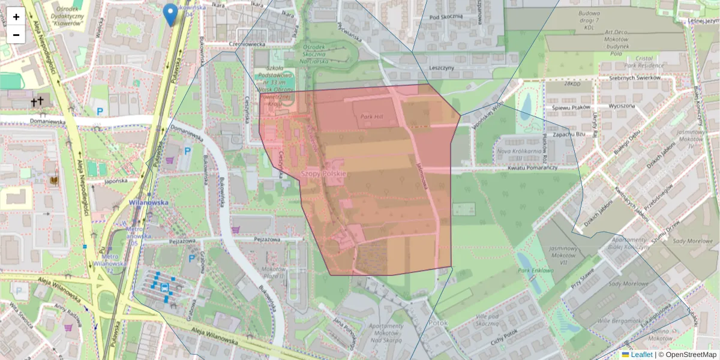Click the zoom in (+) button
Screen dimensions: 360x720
16,17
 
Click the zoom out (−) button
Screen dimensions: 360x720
16,35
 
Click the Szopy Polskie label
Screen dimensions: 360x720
323,174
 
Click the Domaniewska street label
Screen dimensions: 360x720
30,121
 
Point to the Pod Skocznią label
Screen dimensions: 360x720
446,17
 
